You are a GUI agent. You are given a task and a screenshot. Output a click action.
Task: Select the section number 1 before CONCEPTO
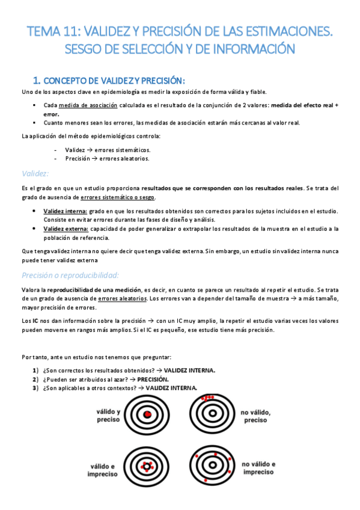click(35, 81)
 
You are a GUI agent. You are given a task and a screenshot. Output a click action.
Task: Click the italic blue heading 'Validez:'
click(34, 173)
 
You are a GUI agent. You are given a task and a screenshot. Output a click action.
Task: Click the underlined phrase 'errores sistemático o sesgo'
click(118, 197)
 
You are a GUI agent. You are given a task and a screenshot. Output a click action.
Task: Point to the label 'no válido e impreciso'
click(258, 469)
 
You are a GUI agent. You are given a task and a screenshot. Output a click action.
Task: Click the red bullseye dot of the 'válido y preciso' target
click(148, 415)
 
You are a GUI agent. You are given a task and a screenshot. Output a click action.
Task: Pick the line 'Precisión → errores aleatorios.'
click(107, 159)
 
